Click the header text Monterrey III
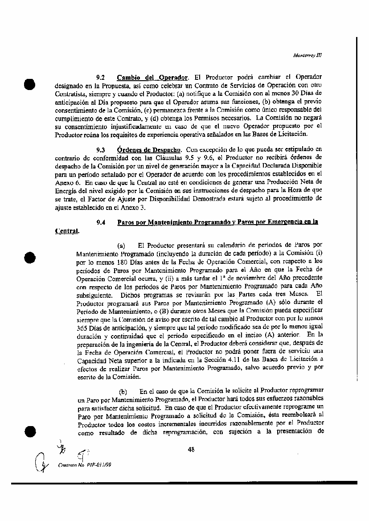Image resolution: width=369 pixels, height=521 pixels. (307, 56)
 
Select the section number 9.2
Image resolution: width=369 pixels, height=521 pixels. (100, 77)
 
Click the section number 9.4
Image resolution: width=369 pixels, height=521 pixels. (100, 222)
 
